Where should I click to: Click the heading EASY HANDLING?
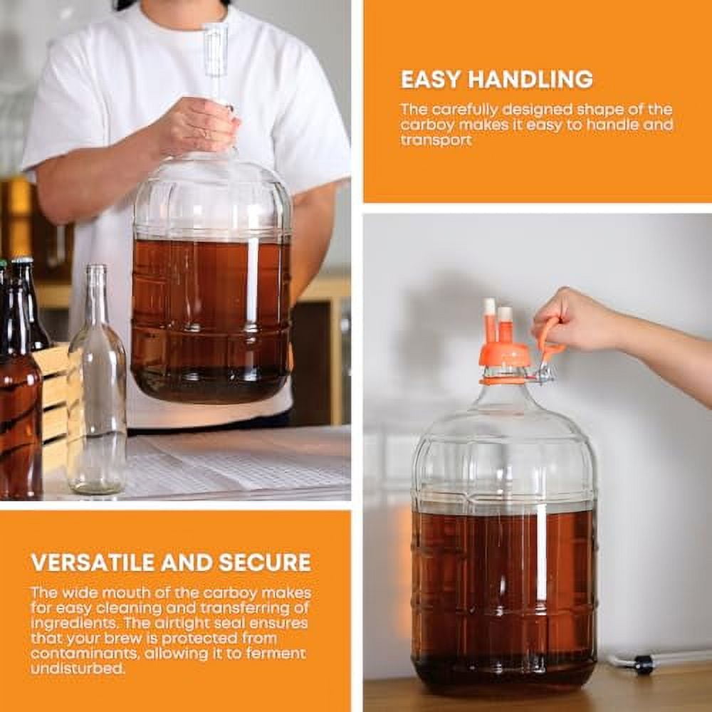[496, 79]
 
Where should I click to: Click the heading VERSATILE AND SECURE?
[171, 562]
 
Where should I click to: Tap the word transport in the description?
[435, 140]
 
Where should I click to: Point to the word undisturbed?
[77, 669]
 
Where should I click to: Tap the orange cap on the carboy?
[505, 355]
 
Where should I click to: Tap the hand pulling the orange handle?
[577, 320]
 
